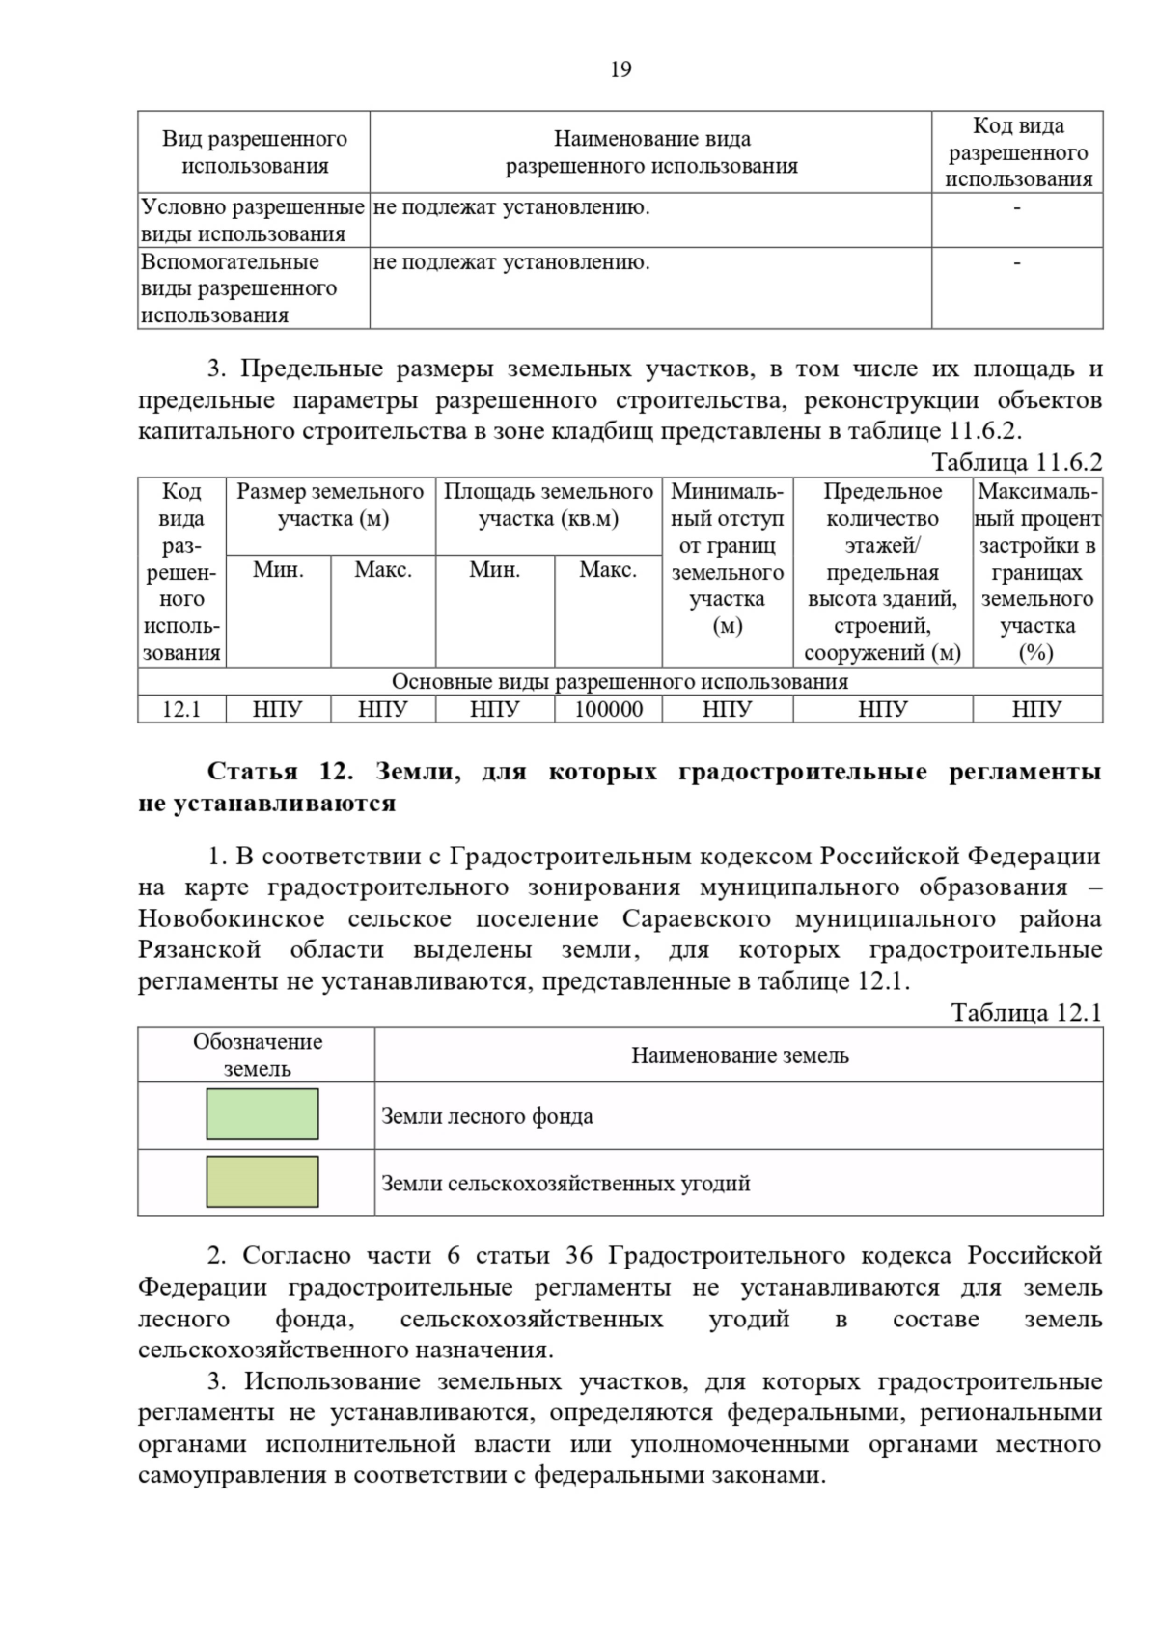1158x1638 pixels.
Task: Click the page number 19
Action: pos(620,69)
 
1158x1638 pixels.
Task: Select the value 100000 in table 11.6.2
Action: pos(608,710)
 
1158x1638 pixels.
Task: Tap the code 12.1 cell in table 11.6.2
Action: pos(181,710)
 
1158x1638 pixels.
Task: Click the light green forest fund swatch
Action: pos(262,1114)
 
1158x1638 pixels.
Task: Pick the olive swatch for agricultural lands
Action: pos(262,1182)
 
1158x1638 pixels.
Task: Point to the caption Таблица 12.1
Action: pos(1026,1012)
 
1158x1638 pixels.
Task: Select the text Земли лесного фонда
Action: pos(487,1116)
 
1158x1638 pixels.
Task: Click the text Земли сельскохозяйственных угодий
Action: pos(565,1184)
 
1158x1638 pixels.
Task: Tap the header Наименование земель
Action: pos(739,1055)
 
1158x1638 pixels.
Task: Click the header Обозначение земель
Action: pos(257,1054)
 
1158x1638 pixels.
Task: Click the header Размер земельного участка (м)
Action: pos(331,505)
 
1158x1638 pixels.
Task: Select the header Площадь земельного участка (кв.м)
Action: pos(548,505)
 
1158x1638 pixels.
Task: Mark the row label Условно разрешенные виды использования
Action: pos(253,220)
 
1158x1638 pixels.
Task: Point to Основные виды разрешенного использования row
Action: pos(620,682)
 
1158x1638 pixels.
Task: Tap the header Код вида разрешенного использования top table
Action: pos(1017,152)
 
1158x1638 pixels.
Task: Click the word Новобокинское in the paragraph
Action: pos(231,918)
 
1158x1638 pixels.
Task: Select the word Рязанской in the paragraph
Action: pos(199,950)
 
